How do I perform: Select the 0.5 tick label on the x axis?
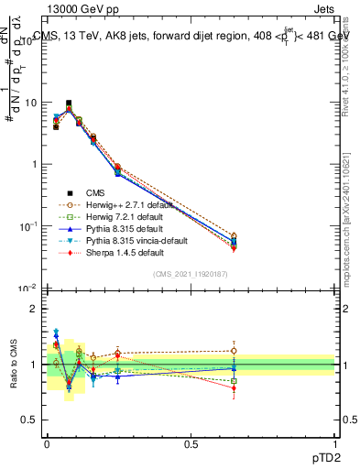click(x=191, y=443)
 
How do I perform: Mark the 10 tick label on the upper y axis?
click(x=30, y=103)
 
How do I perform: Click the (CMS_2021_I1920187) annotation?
click(x=191, y=274)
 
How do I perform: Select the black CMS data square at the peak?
click(x=69, y=104)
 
